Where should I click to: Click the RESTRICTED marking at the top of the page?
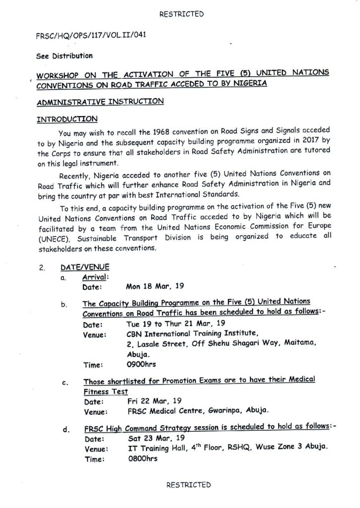point(182,14)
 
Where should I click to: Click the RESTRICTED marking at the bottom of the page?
point(189,485)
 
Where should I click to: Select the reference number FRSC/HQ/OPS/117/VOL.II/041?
point(91,36)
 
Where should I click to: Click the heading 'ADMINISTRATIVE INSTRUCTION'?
point(100,102)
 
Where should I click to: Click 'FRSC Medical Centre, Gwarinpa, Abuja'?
point(198,411)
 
